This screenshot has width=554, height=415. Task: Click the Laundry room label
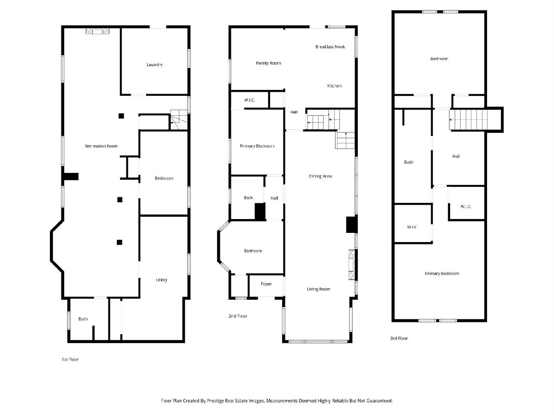coord(155,65)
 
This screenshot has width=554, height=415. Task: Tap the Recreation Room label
coord(101,146)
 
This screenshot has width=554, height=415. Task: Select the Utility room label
coord(162,280)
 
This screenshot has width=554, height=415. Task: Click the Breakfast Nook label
coord(330,47)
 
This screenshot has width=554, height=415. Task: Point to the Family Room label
coord(268,63)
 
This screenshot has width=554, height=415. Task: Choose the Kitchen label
coord(334,86)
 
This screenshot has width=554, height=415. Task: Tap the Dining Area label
coord(320,176)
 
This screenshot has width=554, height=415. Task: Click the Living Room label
coord(319,289)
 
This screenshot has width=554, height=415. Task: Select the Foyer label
coord(266,284)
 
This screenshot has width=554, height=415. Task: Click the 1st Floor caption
coord(70,359)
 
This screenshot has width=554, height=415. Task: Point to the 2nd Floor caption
coord(238,316)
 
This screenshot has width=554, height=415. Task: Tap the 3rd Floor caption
coord(399,338)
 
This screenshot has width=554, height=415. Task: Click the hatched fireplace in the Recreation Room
coord(97,31)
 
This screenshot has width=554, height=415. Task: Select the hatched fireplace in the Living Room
coord(352,265)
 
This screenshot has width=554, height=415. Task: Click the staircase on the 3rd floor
coord(469,119)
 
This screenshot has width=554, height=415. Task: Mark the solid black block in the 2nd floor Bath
coord(260,211)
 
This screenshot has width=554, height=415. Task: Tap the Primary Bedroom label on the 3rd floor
coord(442,273)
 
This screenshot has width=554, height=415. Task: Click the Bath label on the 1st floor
coord(83,319)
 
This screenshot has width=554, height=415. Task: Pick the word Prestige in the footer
coord(216,401)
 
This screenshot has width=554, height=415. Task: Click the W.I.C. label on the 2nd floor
coord(249,100)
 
